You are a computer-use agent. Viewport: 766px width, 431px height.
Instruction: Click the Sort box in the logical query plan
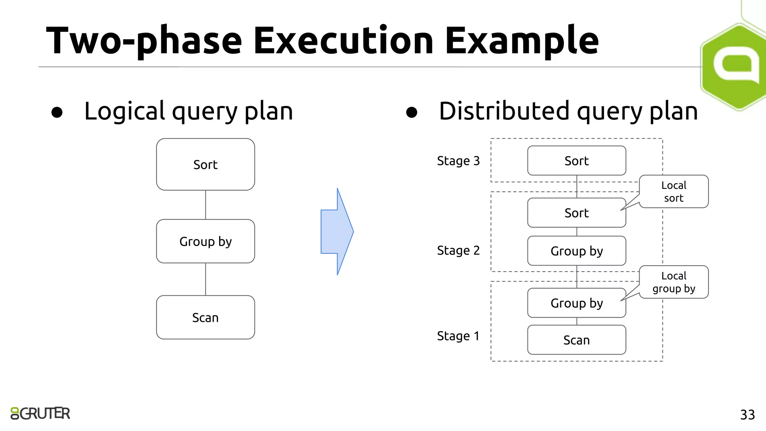pos(205,164)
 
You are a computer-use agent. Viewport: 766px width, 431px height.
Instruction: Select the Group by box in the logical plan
pos(205,241)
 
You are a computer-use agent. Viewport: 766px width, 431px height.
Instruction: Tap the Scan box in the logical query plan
pos(205,317)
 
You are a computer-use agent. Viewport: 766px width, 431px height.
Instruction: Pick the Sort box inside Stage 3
pos(576,161)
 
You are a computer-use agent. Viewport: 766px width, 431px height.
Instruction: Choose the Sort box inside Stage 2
pos(576,213)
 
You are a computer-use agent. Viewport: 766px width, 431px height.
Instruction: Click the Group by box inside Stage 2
pos(576,251)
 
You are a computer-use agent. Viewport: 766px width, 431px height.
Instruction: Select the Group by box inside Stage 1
pos(576,303)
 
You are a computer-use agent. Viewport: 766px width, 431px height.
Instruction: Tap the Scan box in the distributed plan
pos(576,340)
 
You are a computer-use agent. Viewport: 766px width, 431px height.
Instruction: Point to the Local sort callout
pos(674,191)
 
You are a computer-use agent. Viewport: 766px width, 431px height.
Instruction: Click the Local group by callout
pos(674,282)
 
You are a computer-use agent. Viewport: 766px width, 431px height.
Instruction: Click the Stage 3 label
pos(458,161)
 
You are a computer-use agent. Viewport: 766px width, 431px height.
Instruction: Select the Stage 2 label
pos(458,250)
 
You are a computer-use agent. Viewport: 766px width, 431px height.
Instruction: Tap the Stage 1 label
pos(458,336)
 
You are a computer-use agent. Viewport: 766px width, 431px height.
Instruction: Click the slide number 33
pos(747,415)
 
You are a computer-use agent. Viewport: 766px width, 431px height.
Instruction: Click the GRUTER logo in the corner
pos(40,413)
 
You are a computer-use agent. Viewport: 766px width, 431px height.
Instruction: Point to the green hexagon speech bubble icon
pos(735,67)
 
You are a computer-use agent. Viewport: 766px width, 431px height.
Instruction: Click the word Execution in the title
pos(343,40)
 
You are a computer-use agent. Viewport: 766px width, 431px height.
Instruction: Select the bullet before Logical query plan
pos(57,112)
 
